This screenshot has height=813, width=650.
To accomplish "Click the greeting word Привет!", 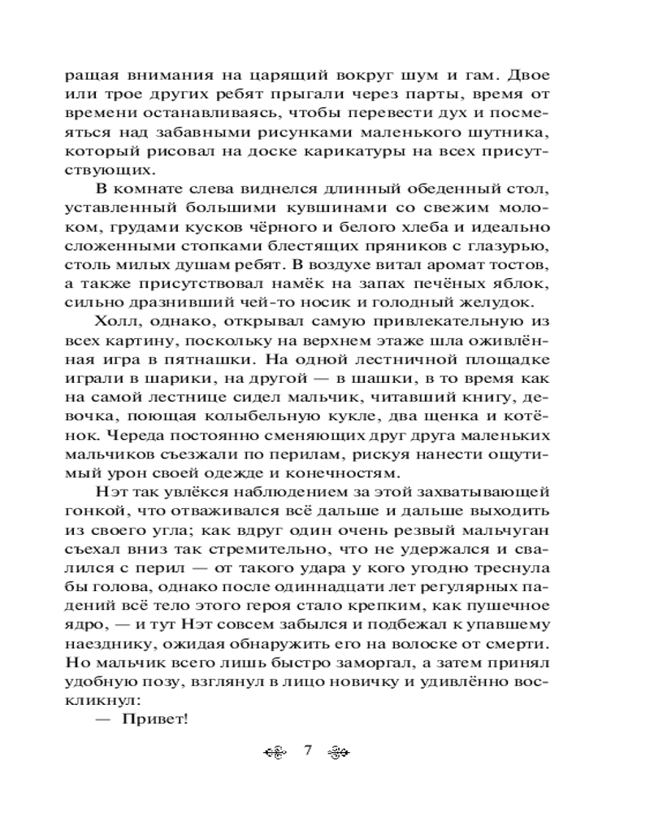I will (154, 717).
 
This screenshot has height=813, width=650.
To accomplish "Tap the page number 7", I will (308, 750).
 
